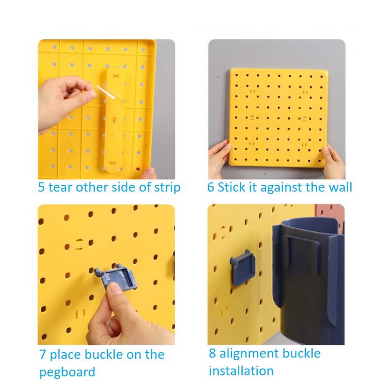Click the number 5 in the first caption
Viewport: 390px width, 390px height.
(x=41, y=187)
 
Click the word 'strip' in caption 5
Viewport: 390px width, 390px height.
(x=167, y=188)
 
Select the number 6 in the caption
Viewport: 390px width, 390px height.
(x=211, y=187)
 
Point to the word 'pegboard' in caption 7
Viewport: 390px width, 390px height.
(x=67, y=372)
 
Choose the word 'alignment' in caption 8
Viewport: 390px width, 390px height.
(x=249, y=354)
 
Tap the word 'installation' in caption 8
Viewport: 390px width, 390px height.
(x=241, y=371)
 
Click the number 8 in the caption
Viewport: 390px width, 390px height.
(x=212, y=354)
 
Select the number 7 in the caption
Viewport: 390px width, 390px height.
(x=42, y=355)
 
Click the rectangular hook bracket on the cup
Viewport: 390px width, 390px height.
(x=301, y=254)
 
